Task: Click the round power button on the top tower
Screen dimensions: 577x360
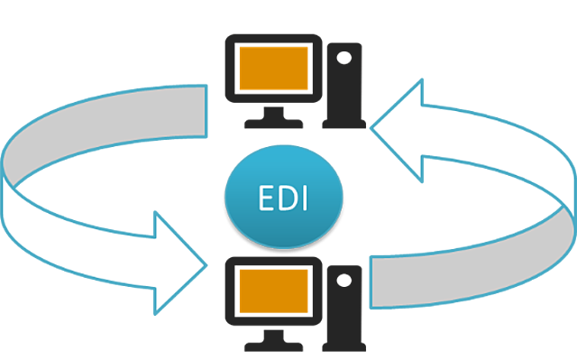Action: (x=342, y=56)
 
